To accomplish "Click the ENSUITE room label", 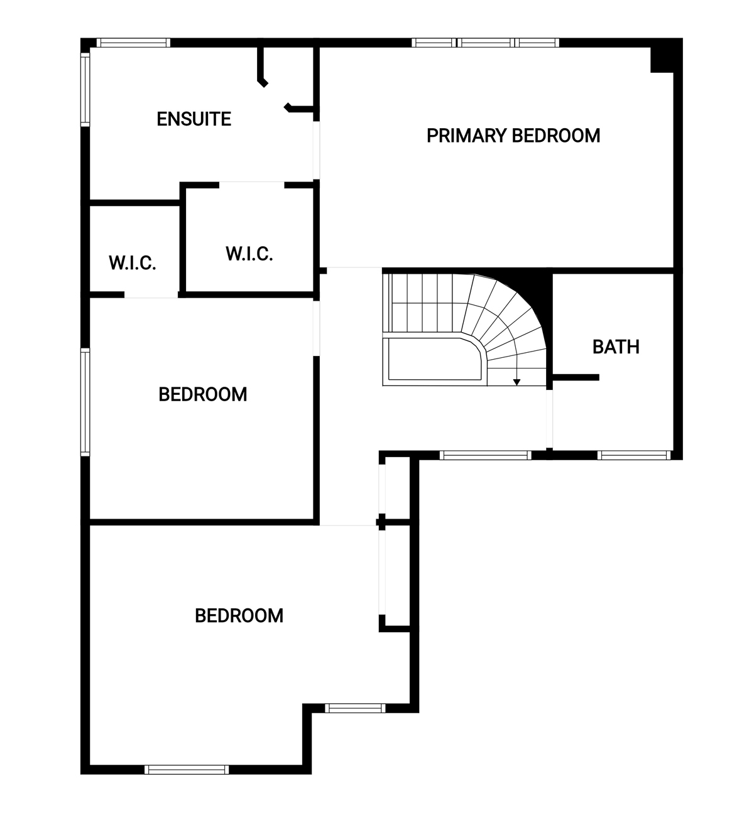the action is [194, 119].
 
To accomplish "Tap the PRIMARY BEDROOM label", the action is [513, 136].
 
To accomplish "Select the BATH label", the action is [616, 347].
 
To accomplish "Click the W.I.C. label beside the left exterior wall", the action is [133, 262].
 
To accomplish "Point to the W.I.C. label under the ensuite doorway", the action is [249, 254].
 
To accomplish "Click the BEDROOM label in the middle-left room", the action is [202, 394].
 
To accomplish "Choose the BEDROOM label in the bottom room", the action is [239, 616].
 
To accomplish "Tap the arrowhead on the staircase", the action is [516, 382].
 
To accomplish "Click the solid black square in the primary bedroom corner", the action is [662, 60].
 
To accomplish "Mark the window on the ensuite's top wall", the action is [133, 43].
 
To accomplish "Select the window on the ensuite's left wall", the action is [85, 90].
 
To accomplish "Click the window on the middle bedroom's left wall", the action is [85, 402].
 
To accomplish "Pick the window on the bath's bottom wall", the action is [634, 455].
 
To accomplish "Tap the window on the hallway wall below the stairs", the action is [485, 455].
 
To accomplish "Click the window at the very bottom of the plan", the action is [187, 770].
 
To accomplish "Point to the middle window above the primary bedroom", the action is [486, 43].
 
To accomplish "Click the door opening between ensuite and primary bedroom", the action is [316, 151].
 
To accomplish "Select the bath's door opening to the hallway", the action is [549, 419].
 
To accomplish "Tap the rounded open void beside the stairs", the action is [434, 358].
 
